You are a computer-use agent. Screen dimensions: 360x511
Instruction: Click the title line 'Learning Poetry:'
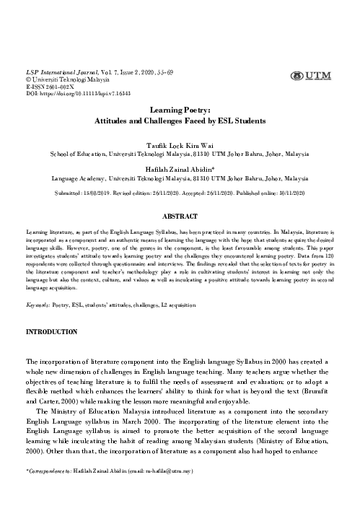coord(180,111)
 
